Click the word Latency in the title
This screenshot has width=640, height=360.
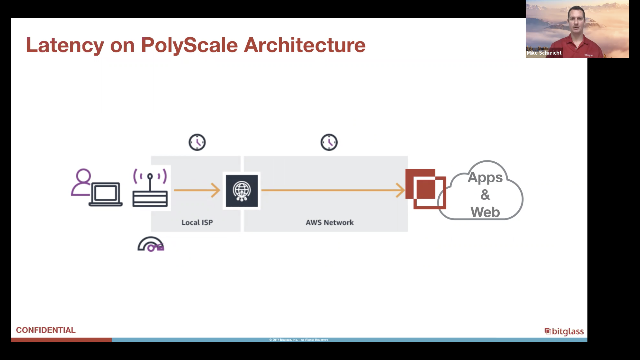[x=65, y=45]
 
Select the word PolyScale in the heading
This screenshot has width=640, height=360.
[x=189, y=45]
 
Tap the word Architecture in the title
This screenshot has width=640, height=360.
[x=305, y=45]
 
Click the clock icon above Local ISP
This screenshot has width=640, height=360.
[x=197, y=142]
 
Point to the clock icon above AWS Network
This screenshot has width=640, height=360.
[x=329, y=142]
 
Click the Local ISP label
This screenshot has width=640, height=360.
[x=197, y=222]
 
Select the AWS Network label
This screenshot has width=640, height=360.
[x=330, y=222]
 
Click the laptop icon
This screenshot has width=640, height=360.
[x=105, y=195]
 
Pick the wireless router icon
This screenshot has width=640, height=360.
[x=150, y=188]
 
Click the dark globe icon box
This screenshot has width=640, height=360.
[x=242, y=191]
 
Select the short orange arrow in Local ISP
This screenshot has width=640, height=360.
[x=197, y=190]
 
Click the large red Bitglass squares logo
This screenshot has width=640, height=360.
[x=426, y=189]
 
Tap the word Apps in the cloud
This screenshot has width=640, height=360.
[x=485, y=177]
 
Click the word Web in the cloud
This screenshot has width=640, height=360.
[x=485, y=212]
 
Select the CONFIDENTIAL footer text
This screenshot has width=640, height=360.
[x=46, y=330]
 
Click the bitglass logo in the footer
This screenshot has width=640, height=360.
[x=564, y=331]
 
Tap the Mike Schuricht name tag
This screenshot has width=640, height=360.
[x=544, y=53]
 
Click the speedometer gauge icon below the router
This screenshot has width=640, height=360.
[x=151, y=244]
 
